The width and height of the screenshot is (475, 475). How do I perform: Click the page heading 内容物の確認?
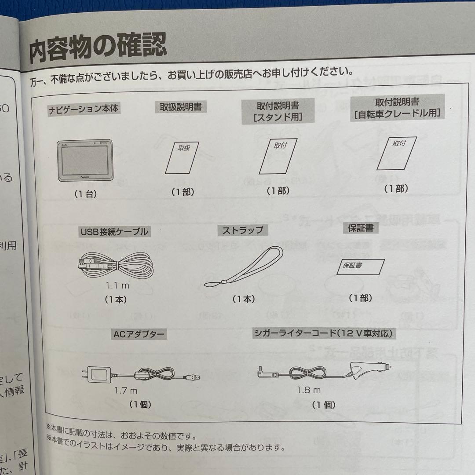(x=98, y=50)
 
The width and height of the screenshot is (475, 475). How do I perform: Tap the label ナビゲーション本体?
(x=84, y=109)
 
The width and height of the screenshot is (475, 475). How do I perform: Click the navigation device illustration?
(x=85, y=161)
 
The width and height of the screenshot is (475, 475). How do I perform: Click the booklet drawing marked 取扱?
(x=182, y=158)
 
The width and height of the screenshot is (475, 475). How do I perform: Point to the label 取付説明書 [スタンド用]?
(x=278, y=111)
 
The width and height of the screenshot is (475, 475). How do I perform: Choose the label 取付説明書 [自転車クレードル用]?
(x=397, y=108)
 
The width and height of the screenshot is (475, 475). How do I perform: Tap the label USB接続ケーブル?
(x=114, y=231)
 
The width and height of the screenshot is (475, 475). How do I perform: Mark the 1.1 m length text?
(x=117, y=285)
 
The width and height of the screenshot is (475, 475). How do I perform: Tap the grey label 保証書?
(x=360, y=228)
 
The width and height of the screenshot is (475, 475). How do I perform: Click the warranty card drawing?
(x=360, y=267)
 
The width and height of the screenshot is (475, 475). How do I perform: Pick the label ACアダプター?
(x=139, y=334)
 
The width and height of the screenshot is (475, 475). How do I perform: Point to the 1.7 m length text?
(x=126, y=391)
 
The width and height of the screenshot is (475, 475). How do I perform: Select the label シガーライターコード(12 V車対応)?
(x=323, y=333)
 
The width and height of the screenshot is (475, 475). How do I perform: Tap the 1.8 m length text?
(x=308, y=390)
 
